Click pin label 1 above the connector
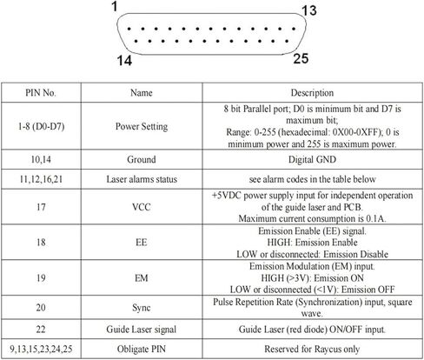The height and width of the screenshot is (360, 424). click(115, 6)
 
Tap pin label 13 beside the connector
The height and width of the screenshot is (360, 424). click(309, 11)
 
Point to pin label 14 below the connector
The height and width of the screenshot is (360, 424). click(124, 61)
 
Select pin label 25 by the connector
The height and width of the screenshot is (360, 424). click(301, 58)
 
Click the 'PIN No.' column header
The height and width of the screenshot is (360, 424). click(41, 93)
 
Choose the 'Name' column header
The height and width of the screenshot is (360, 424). click(142, 93)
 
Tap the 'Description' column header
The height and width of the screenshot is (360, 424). click(312, 93)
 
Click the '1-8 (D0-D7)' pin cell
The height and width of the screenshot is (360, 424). click(41, 126)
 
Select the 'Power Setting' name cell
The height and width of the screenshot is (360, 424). click(142, 127)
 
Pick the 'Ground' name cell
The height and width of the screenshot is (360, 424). click(142, 159)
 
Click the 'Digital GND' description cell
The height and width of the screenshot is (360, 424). click(312, 159)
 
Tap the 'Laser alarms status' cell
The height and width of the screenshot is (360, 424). click(142, 179)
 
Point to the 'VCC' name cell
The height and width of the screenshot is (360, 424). click(142, 207)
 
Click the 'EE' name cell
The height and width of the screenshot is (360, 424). click(142, 243)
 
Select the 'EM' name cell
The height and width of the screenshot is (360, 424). click(142, 278)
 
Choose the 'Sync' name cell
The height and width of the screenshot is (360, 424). click(142, 308)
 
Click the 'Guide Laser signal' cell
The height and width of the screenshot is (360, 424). click(142, 330)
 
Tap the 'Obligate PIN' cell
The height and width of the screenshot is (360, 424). click(142, 349)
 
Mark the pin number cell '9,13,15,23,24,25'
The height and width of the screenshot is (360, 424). click(41, 349)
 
